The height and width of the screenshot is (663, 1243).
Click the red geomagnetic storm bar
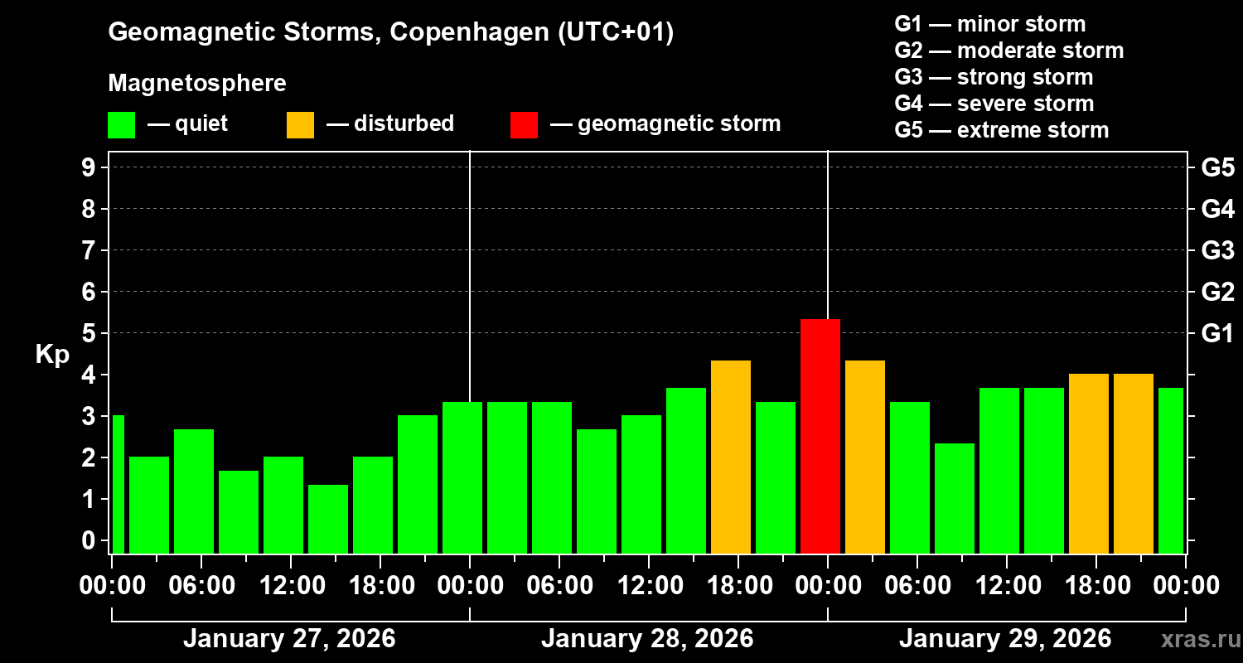(820, 436)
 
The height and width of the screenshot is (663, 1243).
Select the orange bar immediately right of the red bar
(864, 457)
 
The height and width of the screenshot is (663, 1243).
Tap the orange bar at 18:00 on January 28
(730, 457)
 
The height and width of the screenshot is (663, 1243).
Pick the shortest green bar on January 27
(327, 519)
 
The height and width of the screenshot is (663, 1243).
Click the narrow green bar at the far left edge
(118, 484)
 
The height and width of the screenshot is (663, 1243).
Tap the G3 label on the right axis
(1217, 250)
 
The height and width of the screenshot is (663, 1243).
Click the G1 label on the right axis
(1217, 333)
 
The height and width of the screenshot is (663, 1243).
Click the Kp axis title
(52, 355)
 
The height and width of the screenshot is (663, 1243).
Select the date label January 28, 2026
(647, 639)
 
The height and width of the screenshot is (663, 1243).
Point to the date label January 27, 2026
(289, 639)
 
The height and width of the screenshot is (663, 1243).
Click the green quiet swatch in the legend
(122, 125)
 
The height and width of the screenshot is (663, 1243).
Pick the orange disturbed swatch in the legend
(300, 125)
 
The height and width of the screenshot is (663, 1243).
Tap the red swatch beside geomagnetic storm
(524, 125)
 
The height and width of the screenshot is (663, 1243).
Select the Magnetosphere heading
(197, 84)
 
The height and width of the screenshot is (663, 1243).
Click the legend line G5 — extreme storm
(1001, 130)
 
